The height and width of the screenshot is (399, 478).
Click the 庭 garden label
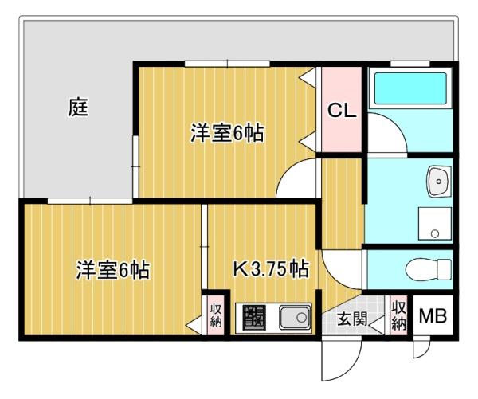click(78, 107)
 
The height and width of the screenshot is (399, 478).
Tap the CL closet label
click(342, 111)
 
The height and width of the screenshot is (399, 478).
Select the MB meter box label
click(433, 315)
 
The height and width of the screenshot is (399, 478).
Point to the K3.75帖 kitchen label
click(271, 268)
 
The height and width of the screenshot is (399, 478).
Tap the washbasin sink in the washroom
click(439, 182)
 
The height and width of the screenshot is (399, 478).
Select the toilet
click(429, 269)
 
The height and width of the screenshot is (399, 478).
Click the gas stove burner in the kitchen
click(254, 318)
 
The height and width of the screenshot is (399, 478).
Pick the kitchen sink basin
click(295, 318)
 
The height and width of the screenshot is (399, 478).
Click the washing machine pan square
click(435, 224)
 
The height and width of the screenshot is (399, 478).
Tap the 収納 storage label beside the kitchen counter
click(216, 315)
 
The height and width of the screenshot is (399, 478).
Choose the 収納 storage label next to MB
click(399, 315)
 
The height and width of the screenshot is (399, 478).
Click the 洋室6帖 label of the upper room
click(227, 133)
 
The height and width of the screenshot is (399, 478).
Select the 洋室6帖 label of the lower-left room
click(113, 270)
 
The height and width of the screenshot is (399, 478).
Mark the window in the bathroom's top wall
click(410, 64)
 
